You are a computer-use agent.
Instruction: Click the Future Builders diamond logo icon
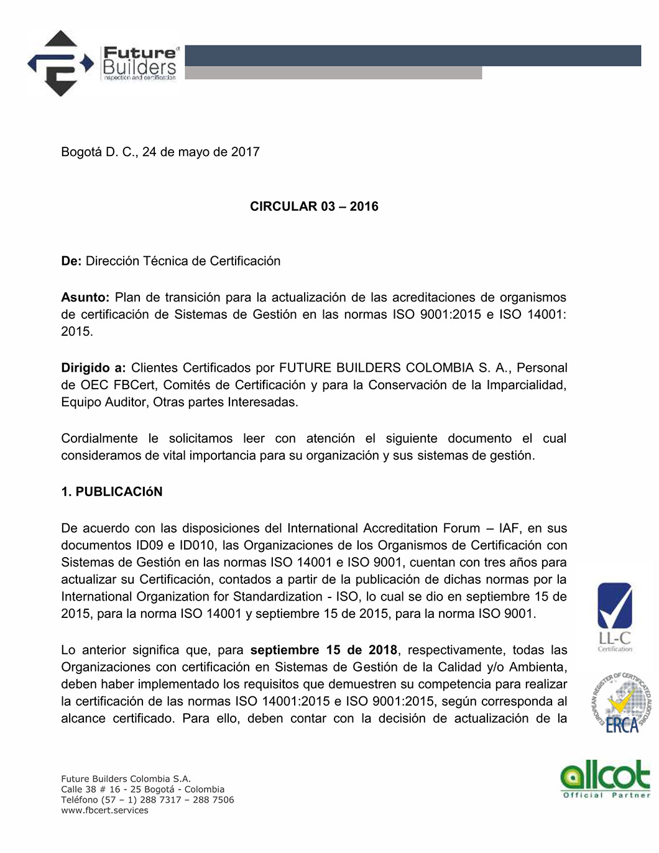click(x=60, y=63)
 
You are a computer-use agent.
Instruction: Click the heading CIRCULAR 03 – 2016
click(x=314, y=206)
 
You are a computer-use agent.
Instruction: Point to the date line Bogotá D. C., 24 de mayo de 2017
click(x=160, y=152)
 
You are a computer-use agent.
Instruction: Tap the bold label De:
click(x=71, y=261)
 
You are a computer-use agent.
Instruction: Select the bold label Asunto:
click(x=85, y=297)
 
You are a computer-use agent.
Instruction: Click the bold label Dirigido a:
click(x=93, y=368)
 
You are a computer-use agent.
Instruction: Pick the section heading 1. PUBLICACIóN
click(x=112, y=492)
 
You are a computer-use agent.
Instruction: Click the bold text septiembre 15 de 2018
click(x=323, y=650)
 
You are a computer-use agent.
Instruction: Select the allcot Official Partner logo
click(x=606, y=780)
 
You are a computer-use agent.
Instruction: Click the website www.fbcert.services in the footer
click(x=104, y=811)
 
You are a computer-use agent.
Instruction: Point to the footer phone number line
click(x=147, y=800)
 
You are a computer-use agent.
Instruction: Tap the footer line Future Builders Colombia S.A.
click(x=126, y=779)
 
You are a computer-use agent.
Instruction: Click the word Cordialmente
click(x=99, y=439)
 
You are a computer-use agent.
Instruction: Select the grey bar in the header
click(x=333, y=73)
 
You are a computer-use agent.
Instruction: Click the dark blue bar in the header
click(x=413, y=55)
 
